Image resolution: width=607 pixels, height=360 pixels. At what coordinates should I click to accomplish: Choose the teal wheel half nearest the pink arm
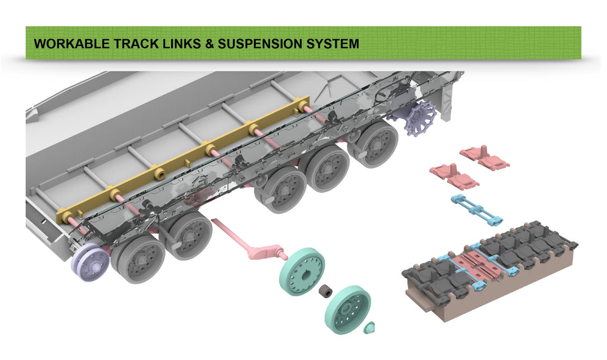[x=301, y=272]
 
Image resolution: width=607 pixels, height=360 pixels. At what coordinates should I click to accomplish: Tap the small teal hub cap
[x=370, y=327]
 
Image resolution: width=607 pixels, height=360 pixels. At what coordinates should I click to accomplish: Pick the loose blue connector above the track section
[x=477, y=209]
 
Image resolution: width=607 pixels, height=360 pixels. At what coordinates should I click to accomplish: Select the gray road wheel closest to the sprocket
[x=373, y=144]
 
